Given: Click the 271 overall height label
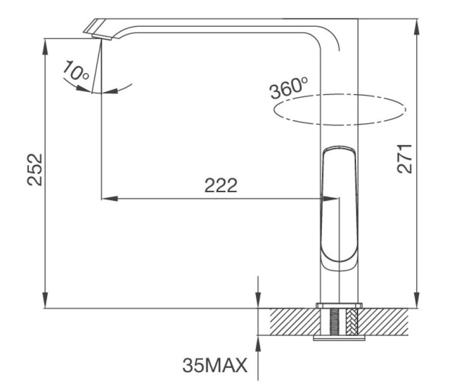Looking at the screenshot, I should (x=405, y=158).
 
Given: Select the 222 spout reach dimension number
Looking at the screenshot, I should (x=221, y=186).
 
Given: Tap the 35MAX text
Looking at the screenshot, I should (x=215, y=365).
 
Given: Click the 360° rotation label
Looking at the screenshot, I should (x=289, y=88).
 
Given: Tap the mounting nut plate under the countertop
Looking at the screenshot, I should (x=339, y=337).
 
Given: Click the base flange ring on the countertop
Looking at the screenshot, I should (x=339, y=305).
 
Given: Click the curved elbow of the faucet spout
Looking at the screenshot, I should (x=327, y=36).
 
